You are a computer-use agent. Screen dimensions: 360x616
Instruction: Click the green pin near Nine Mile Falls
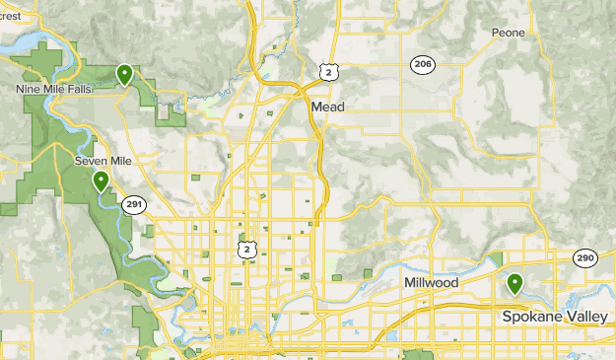click(124, 74)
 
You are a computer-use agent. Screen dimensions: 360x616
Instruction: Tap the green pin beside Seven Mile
click(101, 181)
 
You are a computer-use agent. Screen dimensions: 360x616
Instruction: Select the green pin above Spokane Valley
click(514, 285)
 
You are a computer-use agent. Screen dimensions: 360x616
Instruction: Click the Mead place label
click(327, 106)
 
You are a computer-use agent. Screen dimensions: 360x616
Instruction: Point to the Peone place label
click(509, 33)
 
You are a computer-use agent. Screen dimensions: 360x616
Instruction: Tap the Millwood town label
click(431, 283)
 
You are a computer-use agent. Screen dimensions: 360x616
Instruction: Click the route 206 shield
click(422, 63)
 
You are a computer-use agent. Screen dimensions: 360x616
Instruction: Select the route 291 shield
click(134, 204)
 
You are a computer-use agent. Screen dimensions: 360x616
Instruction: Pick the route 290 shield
click(585, 256)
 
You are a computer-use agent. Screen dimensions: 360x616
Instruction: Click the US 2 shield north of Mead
click(327, 71)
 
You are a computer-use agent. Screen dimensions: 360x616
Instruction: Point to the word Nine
click(29, 89)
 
